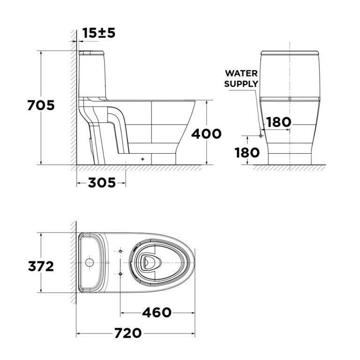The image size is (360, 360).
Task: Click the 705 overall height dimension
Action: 41,105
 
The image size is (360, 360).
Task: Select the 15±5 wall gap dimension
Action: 99,33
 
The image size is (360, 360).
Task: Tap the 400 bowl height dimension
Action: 206,134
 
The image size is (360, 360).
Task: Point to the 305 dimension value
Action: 102,183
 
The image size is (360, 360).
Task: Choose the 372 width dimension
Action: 41,266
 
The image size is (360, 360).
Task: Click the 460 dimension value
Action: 157,312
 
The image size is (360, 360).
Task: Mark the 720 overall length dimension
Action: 128,333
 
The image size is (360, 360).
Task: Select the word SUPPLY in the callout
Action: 241,84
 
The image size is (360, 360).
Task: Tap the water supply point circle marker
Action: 261,135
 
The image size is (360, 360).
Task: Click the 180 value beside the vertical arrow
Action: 247,152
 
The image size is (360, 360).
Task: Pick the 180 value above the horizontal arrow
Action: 278,122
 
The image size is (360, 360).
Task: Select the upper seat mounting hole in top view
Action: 120,252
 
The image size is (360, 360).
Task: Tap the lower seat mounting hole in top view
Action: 120,273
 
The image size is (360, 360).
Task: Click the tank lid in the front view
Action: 289,52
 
